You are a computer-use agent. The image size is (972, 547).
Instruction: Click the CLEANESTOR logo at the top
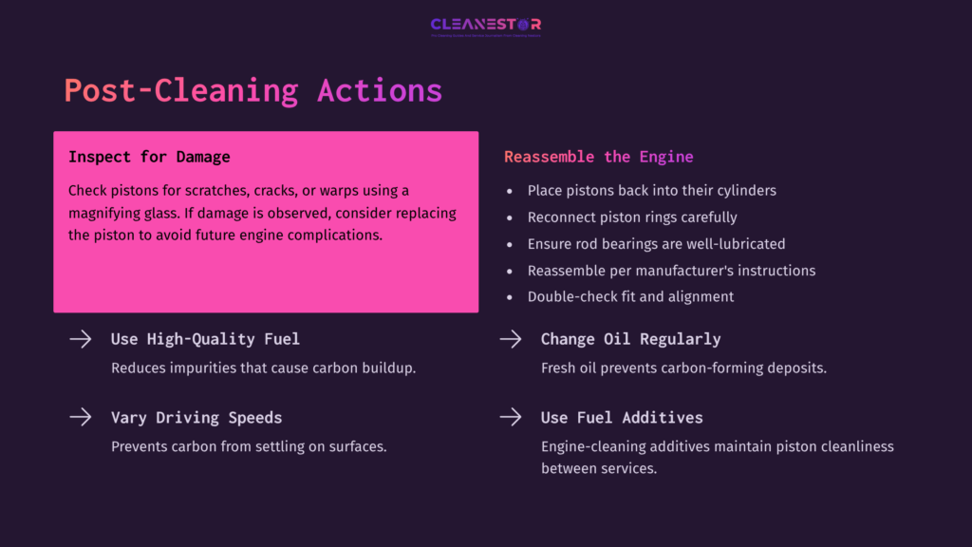tap(485, 25)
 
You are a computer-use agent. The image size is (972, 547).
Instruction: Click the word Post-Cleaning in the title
tap(180, 90)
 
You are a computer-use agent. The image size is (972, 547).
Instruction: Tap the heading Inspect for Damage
tap(149, 157)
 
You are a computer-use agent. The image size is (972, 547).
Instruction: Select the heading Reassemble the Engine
tap(598, 157)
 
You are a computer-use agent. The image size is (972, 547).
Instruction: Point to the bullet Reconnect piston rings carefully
tap(632, 217)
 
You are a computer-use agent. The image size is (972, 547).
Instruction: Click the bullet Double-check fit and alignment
tap(630, 297)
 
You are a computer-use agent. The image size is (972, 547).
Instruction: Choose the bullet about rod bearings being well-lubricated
tap(656, 244)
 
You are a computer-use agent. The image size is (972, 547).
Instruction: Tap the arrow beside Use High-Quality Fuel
tap(81, 339)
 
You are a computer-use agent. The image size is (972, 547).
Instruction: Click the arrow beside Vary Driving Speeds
tap(81, 417)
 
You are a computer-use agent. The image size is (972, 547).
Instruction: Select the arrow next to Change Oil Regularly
tap(511, 339)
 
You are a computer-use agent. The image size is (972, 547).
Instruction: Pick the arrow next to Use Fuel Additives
tap(511, 417)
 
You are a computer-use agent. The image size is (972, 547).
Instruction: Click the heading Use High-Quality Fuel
tap(205, 339)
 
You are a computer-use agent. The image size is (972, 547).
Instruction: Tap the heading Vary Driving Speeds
tap(196, 418)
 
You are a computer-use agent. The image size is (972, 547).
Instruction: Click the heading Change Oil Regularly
tap(630, 339)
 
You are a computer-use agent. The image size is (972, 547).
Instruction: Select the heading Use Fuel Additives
tap(622, 418)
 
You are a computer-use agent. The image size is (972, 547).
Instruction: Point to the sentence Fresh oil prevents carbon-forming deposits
tap(683, 368)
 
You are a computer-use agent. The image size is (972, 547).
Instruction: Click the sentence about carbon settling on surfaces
tap(249, 445)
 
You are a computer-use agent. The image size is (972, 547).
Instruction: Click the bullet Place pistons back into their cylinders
tap(651, 191)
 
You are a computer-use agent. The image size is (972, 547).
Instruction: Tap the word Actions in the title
tap(380, 90)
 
